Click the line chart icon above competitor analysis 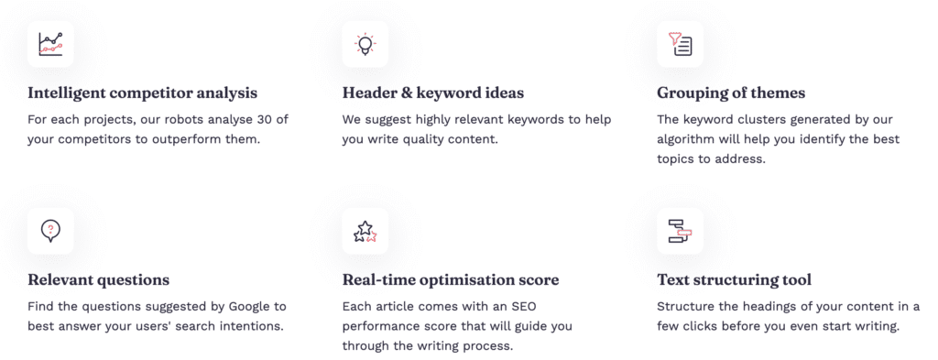pyautogui.click(x=51, y=44)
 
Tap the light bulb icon pyautogui.click(x=365, y=45)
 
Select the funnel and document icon pyautogui.click(x=681, y=44)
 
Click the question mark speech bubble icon pyautogui.click(x=51, y=231)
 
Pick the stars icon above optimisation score pyautogui.click(x=365, y=232)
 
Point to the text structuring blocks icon pyautogui.click(x=681, y=231)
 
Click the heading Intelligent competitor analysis pyautogui.click(x=142, y=93)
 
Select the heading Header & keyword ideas pyautogui.click(x=433, y=93)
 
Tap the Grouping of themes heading pyautogui.click(x=731, y=93)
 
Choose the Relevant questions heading pyautogui.click(x=99, y=280)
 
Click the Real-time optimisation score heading pyautogui.click(x=451, y=280)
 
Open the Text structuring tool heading pyautogui.click(x=735, y=280)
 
